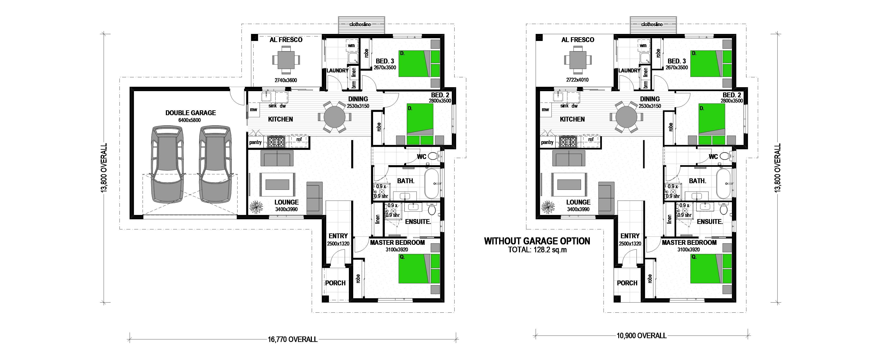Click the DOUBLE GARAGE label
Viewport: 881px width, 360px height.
click(191, 113)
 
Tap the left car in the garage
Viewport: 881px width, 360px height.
click(168, 164)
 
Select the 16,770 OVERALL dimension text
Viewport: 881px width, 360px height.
click(292, 340)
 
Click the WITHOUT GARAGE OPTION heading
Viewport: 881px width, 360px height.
click(537, 241)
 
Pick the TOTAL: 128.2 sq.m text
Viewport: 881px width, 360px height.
click(537, 250)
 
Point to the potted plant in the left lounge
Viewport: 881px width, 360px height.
click(256, 207)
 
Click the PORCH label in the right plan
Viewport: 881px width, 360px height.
click(627, 283)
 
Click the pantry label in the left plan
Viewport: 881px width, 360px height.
click(255, 142)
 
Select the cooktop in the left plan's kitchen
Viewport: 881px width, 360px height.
click(276, 142)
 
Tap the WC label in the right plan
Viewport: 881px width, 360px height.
click(713, 157)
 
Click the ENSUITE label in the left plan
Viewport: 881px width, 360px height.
click(418, 222)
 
